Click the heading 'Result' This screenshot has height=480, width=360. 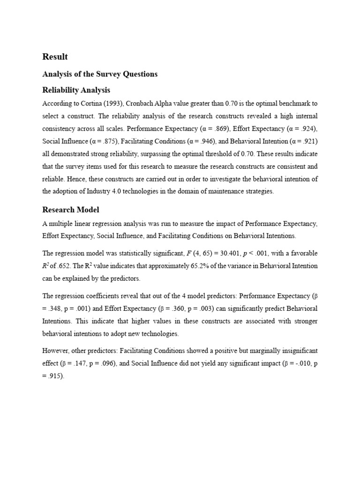(55, 57)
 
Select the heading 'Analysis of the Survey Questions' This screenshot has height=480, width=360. (100, 74)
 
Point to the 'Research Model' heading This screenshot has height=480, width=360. (71, 210)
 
